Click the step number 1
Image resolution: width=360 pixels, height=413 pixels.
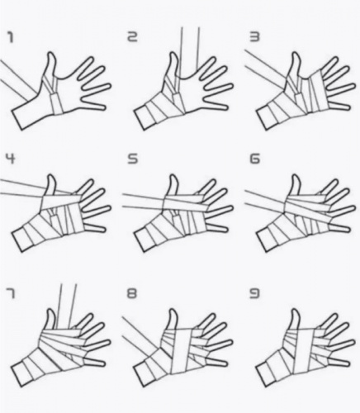point(10,37)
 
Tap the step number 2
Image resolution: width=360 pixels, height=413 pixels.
point(132,37)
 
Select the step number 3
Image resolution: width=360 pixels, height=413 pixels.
point(254,37)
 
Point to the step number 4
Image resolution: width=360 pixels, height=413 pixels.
point(10,159)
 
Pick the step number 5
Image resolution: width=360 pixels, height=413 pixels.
point(132,159)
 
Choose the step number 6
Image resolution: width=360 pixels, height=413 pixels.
point(254,159)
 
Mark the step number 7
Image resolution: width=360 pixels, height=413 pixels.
point(10,294)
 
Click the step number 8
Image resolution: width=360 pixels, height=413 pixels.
point(132,294)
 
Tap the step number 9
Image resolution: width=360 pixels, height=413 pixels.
point(254,294)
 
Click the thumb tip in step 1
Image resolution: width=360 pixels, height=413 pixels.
point(51,54)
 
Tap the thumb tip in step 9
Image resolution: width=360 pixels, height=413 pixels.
point(296,311)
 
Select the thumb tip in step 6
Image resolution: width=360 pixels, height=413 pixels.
point(296,176)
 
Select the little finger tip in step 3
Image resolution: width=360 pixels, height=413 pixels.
point(349,107)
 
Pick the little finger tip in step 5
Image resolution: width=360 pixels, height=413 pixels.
point(226,229)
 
